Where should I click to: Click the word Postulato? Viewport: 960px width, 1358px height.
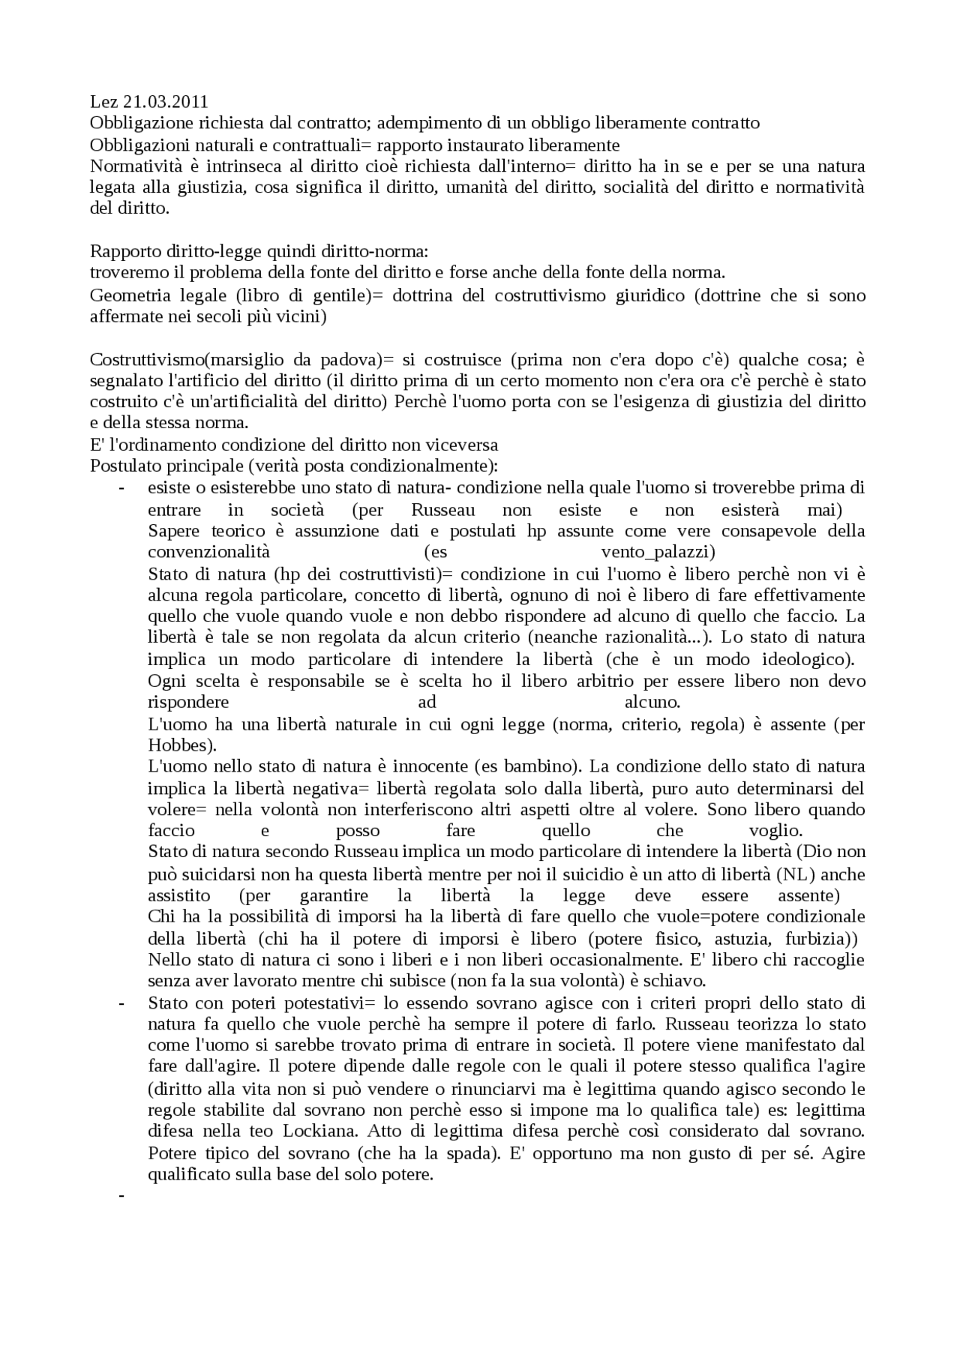point(123,466)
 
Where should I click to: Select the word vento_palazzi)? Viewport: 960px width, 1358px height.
point(658,553)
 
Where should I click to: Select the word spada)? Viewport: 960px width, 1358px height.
point(475,1153)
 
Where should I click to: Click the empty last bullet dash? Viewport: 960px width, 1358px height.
point(120,1196)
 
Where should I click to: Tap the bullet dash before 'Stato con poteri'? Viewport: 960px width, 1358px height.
point(120,1003)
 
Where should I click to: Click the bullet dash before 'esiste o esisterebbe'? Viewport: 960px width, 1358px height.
point(120,488)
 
